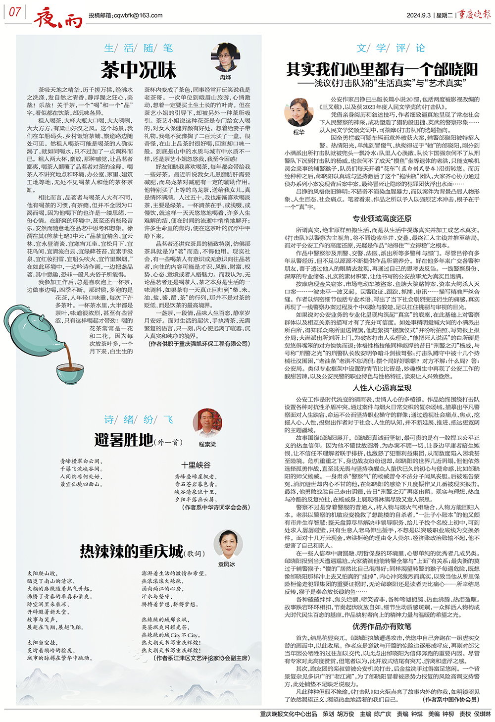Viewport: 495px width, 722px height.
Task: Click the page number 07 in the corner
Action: coord(15,12)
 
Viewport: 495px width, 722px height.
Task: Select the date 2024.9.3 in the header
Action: coord(418,15)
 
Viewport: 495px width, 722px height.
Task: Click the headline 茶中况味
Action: coord(139,70)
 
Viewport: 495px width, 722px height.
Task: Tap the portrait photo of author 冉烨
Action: coord(225,58)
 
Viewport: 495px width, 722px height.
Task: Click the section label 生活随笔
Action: coord(139,48)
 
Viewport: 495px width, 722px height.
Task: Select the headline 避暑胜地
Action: coord(124,440)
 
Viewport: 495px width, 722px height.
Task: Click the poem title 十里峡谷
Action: coord(196,465)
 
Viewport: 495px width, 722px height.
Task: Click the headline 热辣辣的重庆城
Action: coord(132,551)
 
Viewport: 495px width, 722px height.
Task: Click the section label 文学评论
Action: coord(391,48)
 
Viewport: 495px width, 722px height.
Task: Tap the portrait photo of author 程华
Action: coord(299,112)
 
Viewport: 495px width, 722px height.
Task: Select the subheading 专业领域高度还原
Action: coord(382,218)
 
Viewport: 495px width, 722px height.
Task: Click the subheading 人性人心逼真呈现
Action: coord(382,388)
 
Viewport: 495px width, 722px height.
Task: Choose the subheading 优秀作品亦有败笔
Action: coord(382,626)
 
